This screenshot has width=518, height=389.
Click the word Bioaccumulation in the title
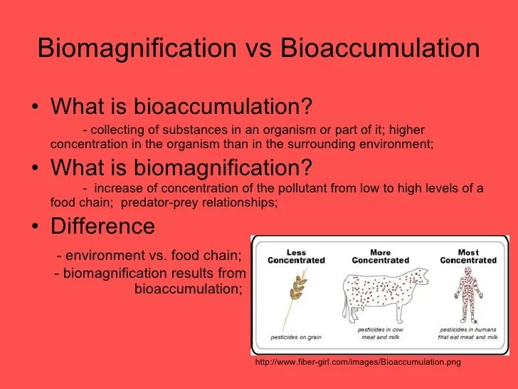click(x=380, y=48)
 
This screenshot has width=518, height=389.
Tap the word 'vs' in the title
click(x=258, y=51)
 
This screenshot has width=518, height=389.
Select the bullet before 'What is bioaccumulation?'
click(x=35, y=107)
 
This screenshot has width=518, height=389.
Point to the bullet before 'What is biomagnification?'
click(x=35, y=167)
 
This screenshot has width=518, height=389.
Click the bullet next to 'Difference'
click(x=35, y=226)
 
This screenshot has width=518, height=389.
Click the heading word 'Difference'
click(x=102, y=226)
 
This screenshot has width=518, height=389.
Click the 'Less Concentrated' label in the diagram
click(x=296, y=256)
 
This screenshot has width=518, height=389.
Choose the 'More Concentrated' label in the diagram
click(x=380, y=256)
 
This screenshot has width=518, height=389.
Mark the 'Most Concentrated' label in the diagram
click(x=468, y=256)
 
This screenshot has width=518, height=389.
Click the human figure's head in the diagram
click(x=467, y=271)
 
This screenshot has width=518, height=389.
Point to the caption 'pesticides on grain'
click(x=296, y=337)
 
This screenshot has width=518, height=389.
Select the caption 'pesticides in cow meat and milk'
click(x=380, y=333)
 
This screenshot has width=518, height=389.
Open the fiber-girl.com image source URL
click(x=358, y=362)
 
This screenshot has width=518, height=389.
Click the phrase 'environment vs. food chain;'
click(x=149, y=255)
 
